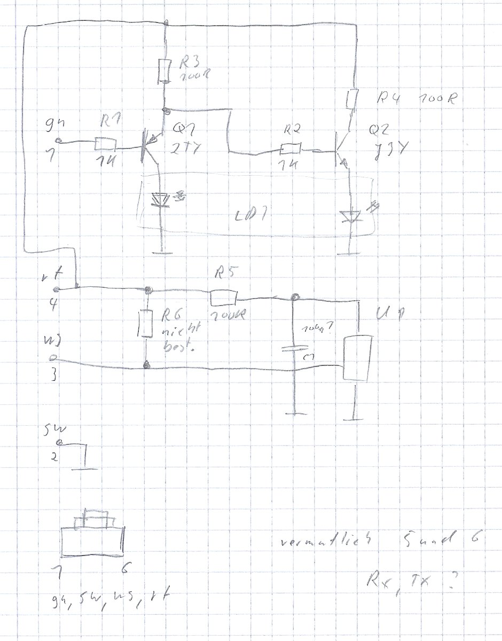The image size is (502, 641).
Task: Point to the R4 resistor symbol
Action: click(x=352, y=99)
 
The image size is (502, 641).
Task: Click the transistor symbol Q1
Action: click(x=147, y=144)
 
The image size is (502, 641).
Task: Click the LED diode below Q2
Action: click(x=350, y=216)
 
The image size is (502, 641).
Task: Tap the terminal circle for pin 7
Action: click(x=59, y=142)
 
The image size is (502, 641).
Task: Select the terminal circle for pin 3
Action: click(x=52, y=356)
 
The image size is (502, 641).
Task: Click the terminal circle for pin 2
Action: click(x=59, y=443)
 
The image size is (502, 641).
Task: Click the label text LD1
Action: click(x=249, y=217)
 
